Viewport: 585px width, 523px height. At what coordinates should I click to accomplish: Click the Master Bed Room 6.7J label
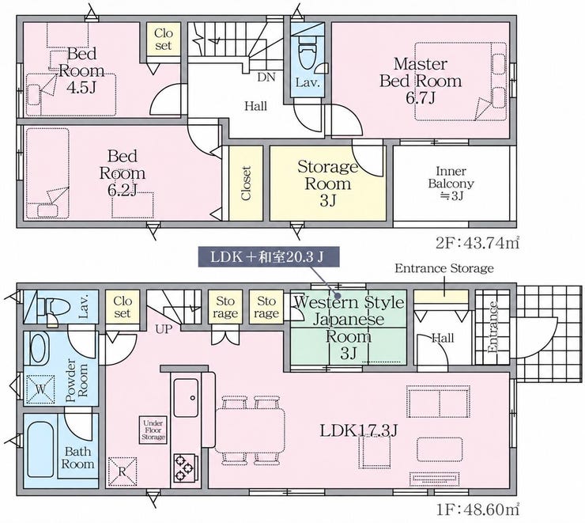tap(421, 81)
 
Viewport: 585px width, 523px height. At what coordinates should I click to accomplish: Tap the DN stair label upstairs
tap(266, 78)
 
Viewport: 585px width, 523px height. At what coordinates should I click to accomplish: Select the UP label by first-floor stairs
tap(164, 329)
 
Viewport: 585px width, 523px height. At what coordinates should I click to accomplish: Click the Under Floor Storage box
tap(153, 430)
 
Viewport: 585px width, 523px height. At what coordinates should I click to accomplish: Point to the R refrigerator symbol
tap(123, 472)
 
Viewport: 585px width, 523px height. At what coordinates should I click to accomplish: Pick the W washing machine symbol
tap(40, 389)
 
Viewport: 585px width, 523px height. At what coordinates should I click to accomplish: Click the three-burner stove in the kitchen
tap(184, 467)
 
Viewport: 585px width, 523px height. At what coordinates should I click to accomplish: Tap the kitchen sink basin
tap(186, 398)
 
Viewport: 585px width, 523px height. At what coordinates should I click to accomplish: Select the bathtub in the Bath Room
tap(40, 450)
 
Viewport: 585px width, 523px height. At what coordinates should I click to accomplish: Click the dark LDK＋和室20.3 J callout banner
tap(269, 256)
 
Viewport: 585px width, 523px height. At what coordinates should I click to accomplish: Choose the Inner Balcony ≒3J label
tap(451, 184)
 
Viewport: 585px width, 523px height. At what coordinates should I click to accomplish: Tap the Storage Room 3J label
tap(328, 184)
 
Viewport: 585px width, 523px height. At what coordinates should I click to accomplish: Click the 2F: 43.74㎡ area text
tap(477, 244)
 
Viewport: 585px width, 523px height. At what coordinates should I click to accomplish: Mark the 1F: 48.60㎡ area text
tap(477, 510)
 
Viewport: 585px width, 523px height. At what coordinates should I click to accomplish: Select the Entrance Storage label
tap(444, 268)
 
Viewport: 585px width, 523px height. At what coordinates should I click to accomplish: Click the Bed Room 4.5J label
tap(81, 70)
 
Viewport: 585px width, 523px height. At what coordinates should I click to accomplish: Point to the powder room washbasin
tap(37, 348)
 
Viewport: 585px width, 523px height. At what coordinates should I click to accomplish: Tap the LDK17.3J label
tap(359, 430)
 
